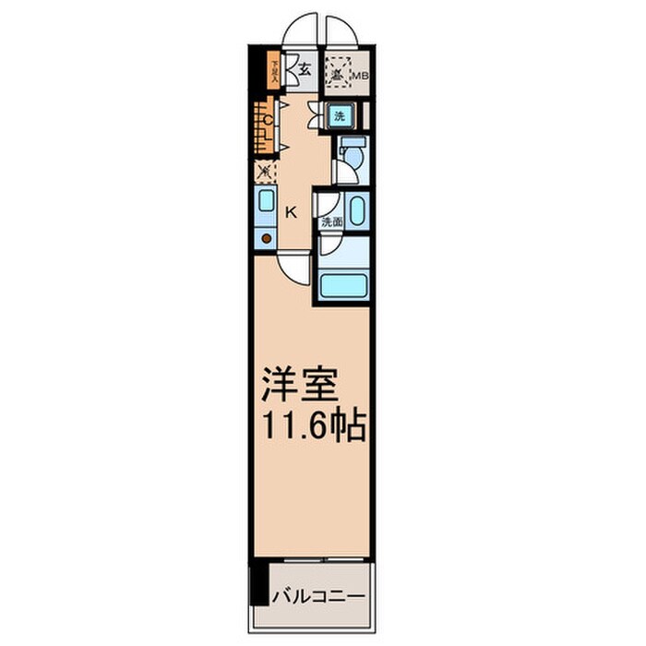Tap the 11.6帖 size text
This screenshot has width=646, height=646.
(x=313, y=426)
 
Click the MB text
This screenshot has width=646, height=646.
(x=361, y=77)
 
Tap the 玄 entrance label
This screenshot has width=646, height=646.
(x=305, y=68)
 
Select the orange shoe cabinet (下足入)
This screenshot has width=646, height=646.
(x=274, y=70)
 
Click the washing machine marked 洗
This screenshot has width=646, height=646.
(x=339, y=117)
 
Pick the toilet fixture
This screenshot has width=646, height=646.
(x=353, y=153)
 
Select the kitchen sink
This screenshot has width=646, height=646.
(x=265, y=202)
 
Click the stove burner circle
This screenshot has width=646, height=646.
(x=266, y=239)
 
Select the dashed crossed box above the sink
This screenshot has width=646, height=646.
(x=264, y=172)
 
